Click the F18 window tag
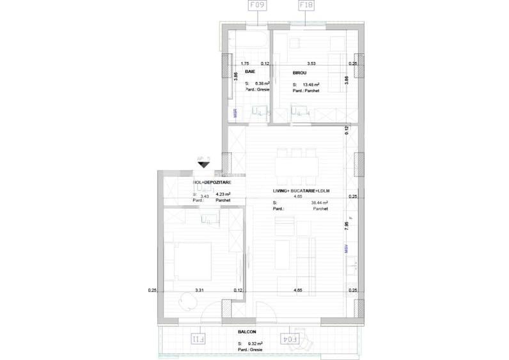(306, 7)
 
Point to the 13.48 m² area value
(311, 84)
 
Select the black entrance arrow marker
(203, 164)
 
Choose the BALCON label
(247, 332)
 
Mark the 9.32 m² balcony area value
(251, 344)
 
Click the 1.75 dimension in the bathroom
(244, 64)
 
